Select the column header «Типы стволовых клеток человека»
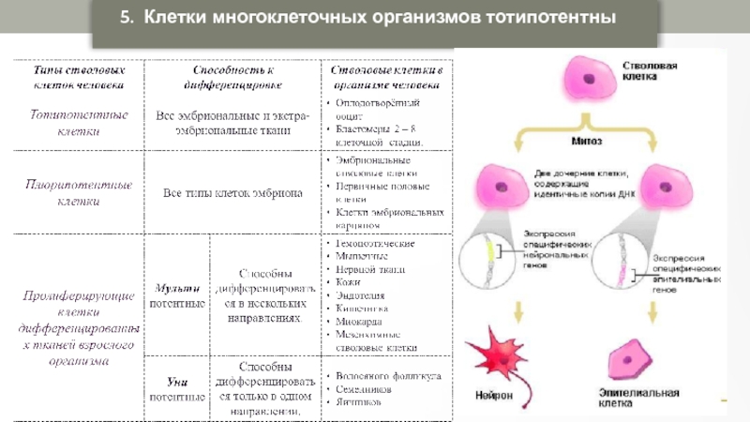75,77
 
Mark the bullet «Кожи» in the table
351,282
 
